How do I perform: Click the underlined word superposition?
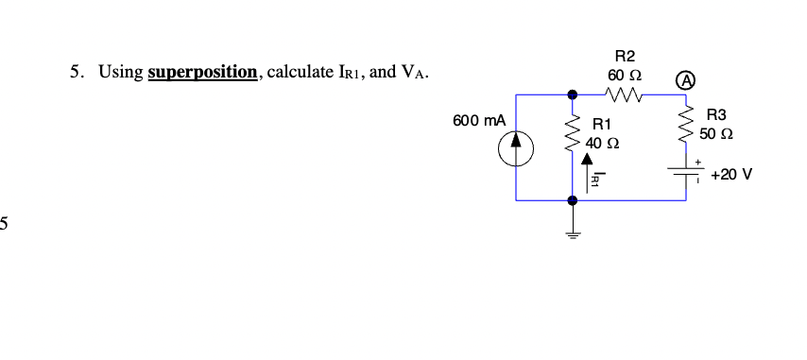pyautogui.click(x=202, y=73)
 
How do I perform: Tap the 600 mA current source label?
pyautogui.click(x=479, y=121)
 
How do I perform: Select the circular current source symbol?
pyautogui.click(x=517, y=147)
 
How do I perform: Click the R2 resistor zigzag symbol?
pyautogui.click(x=625, y=94)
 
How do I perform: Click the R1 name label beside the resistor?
pyautogui.click(x=602, y=124)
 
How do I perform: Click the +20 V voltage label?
pyautogui.click(x=731, y=175)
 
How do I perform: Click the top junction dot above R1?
pyautogui.click(x=572, y=94)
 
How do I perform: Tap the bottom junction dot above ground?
pyautogui.click(x=572, y=199)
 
